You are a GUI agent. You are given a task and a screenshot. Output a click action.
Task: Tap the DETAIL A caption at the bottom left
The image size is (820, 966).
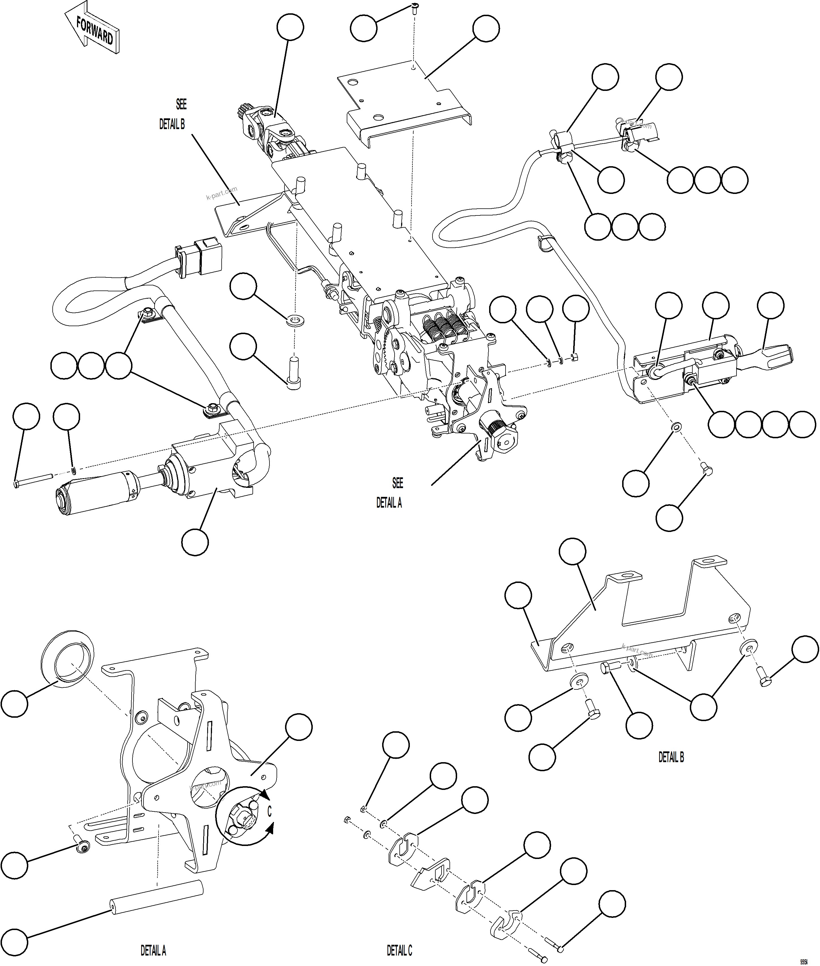coord(153,951)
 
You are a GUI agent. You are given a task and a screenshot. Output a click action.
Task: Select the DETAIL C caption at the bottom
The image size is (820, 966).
coord(399,951)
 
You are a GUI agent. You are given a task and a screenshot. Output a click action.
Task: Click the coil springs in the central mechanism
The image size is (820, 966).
coord(444,328)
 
